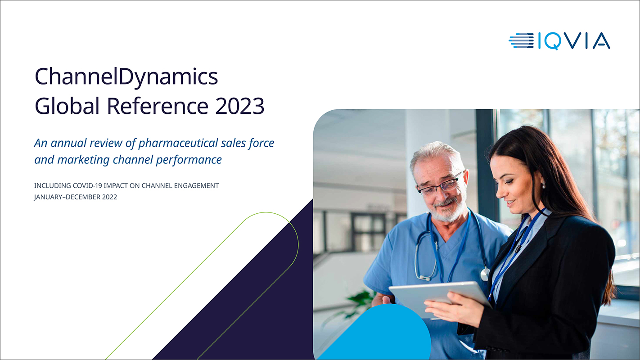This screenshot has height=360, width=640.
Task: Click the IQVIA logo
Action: pos(559,41)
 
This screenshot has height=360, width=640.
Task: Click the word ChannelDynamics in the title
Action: pos(126,77)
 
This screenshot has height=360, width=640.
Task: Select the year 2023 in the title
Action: pos(240,106)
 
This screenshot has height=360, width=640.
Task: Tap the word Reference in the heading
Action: pos(158,106)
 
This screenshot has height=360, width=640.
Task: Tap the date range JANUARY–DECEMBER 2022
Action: pos(76,197)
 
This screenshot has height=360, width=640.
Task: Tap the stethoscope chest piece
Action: pos(485,274)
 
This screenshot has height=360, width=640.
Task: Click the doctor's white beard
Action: pos(449,210)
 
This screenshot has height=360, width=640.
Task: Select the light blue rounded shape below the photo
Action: pos(377,333)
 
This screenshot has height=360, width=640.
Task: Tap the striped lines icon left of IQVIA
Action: pos(521,40)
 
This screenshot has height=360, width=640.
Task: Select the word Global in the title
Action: pos(67,106)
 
